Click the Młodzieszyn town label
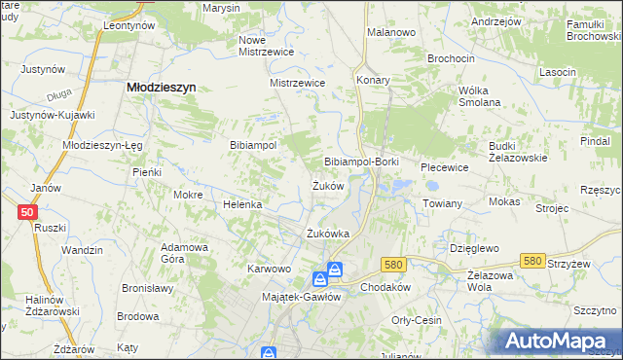tap(163, 87)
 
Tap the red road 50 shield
tap(27, 212)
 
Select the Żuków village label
tap(327, 186)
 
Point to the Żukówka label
tap(327, 234)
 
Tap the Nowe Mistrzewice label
tap(266, 47)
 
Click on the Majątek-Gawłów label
tap(302, 297)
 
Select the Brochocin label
tap(451, 58)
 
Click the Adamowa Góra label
tap(185, 253)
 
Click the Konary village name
tap(373, 80)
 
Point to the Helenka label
tap(243, 205)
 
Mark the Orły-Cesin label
tap(416, 320)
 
